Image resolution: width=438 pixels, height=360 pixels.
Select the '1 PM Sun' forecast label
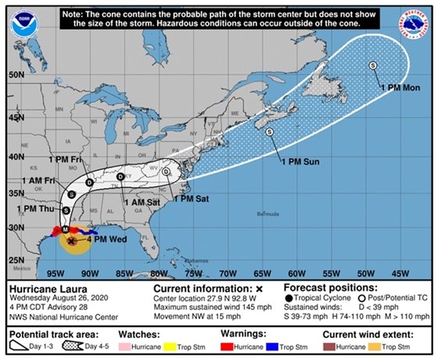(x=300, y=161)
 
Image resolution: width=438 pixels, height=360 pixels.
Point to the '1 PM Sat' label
(x=192, y=200)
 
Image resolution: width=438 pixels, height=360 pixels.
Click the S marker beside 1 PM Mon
(x=372, y=65)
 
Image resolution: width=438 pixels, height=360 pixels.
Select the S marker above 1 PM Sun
(x=270, y=132)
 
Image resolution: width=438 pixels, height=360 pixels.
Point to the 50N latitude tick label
(x=14, y=75)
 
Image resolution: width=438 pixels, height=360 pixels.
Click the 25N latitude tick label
(x=14, y=260)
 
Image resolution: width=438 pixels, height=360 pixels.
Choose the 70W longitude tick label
(x=227, y=274)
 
